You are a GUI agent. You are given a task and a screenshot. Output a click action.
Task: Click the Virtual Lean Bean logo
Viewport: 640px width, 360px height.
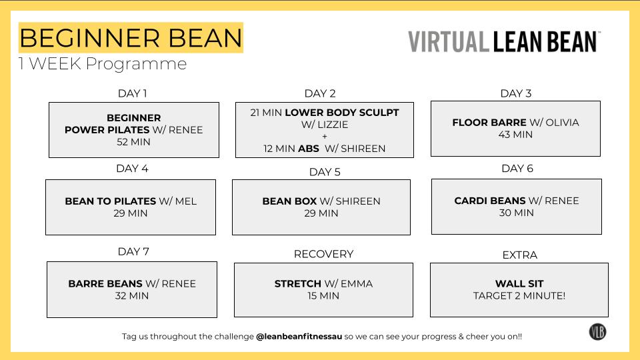pos(504,41)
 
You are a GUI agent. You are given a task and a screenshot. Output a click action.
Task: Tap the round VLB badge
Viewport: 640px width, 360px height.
pos(597,331)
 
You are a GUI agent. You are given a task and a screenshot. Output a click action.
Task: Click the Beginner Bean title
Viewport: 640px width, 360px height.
pos(131,37)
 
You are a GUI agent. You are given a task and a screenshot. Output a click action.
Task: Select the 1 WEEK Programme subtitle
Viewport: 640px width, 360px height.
pos(103,64)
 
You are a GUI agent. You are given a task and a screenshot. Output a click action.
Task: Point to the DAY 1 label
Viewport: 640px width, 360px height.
pos(132,93)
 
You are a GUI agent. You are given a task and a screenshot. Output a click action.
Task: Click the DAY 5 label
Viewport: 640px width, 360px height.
pos(325,172)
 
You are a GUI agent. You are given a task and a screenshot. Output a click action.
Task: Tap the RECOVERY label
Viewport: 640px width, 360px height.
pos(323,254)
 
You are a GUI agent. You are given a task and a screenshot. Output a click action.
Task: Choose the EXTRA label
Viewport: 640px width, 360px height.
pos(519,255)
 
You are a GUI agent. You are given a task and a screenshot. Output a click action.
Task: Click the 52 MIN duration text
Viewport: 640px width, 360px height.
pos(133,142)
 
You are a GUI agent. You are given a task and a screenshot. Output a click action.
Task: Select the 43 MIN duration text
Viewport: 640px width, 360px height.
pos(515,135)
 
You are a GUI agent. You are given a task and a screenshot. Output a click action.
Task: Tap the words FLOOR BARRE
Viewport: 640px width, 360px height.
pos(489,123)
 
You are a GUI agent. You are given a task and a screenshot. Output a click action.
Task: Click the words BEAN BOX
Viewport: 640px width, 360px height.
pos(289,201)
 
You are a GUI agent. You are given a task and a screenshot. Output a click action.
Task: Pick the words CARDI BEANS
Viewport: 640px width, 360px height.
pos(490,201)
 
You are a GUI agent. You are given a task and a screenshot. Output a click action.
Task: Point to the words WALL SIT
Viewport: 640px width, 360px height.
pos(519,283)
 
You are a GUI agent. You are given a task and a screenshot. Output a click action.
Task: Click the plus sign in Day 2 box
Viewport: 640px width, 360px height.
pos(325,137)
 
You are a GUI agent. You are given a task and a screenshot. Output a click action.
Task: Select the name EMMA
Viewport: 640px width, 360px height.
pos(357,283)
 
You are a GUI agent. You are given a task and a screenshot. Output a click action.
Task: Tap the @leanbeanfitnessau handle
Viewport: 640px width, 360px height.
pos(299,337)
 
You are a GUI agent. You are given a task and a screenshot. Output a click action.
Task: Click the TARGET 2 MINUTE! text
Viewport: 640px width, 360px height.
pos(519,295)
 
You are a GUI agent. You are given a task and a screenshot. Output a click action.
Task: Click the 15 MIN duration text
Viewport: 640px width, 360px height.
pos(323,295)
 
